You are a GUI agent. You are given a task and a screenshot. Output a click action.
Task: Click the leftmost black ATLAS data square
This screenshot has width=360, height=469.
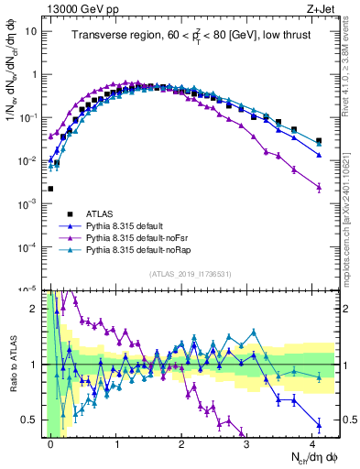[x=50, y=189]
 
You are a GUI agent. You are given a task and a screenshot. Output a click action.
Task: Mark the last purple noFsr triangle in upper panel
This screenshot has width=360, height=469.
[x=318, y=187]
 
